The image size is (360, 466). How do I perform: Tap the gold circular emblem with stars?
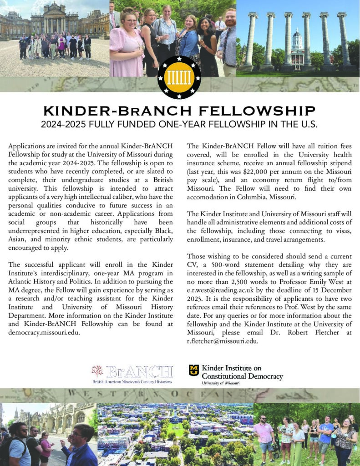[179, 77]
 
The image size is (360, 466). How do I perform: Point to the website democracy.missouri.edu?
[45, 332]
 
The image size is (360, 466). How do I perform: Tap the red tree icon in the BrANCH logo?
[97, 371]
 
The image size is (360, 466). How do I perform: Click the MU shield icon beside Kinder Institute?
[194, 370]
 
